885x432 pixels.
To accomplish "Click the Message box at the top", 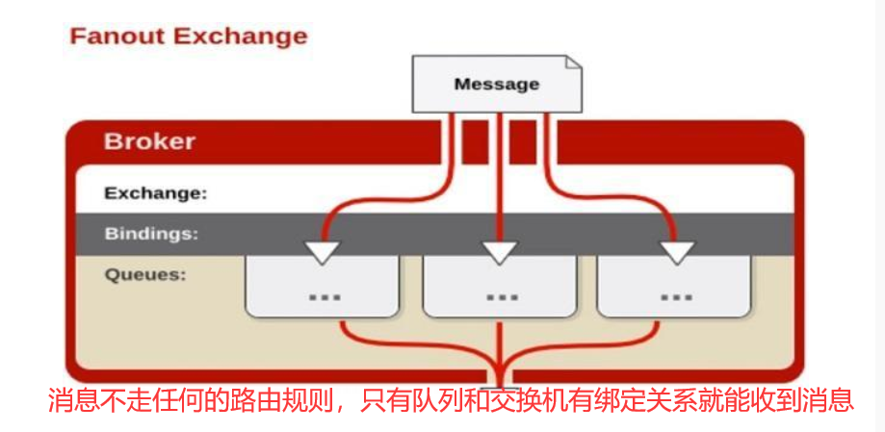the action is coord(497,84).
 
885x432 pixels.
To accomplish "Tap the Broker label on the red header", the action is coord(149,141).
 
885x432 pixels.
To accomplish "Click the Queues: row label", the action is coord(144,274).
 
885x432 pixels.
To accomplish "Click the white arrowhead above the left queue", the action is coord(321,252).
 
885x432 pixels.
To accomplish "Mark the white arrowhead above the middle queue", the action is coord(500,252).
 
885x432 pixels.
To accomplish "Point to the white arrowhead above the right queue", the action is coord(677,252).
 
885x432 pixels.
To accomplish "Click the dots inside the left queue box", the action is coord(325,296).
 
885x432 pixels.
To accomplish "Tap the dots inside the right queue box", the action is coord(677,296).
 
